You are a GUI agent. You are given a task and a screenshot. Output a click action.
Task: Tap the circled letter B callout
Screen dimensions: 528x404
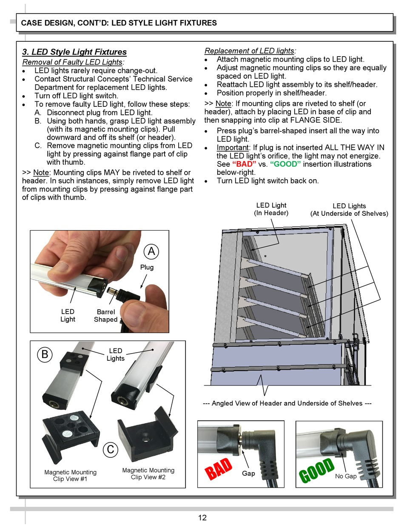click(x=45, y=354)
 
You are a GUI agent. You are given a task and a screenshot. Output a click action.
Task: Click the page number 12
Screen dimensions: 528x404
click(x=202, y=517)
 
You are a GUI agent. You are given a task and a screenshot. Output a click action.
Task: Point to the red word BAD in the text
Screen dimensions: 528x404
click(x=244, y=164)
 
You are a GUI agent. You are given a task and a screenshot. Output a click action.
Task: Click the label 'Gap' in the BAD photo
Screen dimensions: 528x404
click(x=248, y=473)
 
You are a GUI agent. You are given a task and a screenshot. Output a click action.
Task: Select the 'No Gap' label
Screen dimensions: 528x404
click(x=346, y=476)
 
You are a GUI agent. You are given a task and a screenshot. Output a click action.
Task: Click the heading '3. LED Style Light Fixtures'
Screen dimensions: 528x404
click(x=74, y=52)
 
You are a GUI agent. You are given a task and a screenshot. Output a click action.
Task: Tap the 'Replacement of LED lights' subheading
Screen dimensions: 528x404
click(x=250, y=51)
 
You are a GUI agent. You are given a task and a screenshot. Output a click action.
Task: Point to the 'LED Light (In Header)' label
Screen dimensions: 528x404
click(x=271, y=209)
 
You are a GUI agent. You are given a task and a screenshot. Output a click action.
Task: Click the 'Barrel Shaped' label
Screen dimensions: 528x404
click(x=105, y=316)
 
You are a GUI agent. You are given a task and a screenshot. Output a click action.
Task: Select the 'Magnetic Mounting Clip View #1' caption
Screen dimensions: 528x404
click(x=70, y=475)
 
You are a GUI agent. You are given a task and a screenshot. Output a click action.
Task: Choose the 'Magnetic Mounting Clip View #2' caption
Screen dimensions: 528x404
click(x=148, y=474)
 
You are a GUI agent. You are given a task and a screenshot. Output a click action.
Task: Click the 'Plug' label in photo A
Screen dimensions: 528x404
click(x=147, y=267)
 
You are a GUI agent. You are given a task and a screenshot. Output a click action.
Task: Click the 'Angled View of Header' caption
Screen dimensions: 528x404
click(x=287, y=403)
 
